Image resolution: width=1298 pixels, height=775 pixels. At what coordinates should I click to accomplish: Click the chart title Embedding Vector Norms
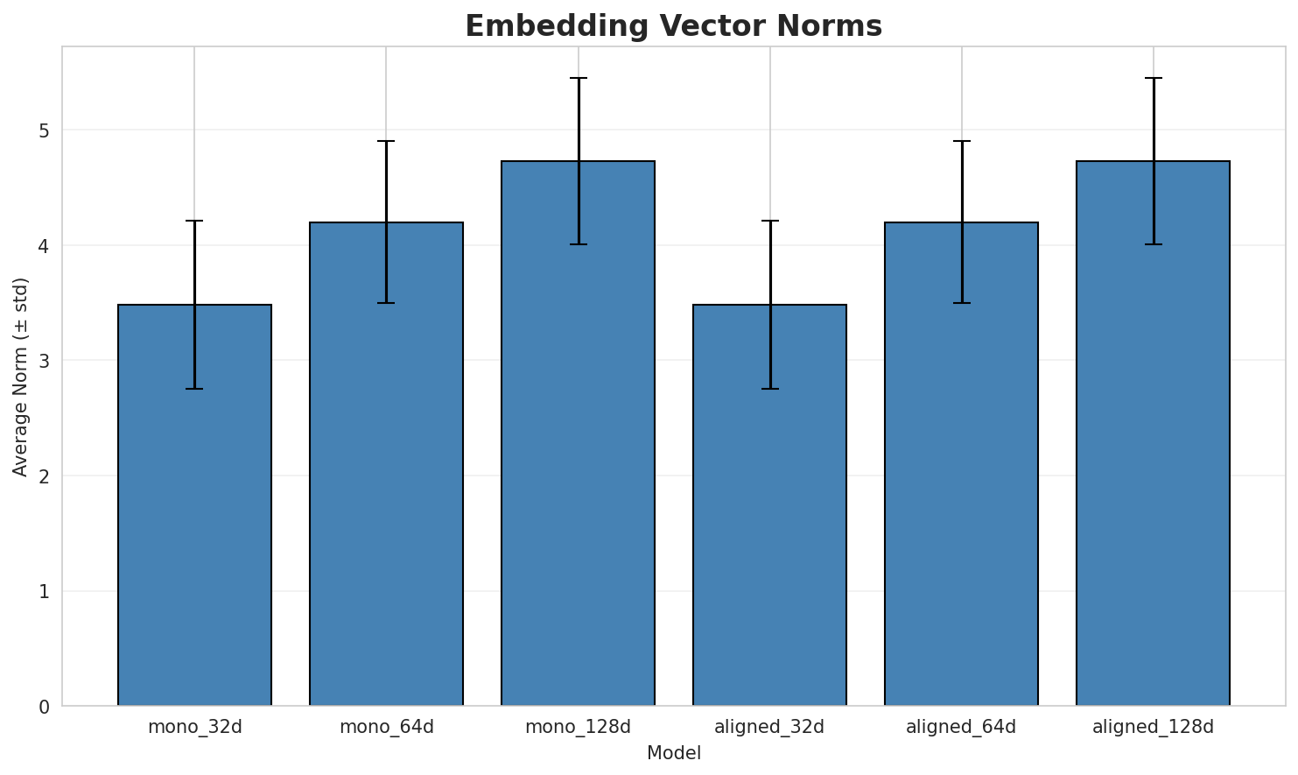(x=673, y=26)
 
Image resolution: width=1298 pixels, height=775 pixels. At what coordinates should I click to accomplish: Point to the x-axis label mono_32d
(x=194, y=727)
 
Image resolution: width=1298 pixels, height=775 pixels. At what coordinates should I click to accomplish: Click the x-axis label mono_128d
(x=578, y=727)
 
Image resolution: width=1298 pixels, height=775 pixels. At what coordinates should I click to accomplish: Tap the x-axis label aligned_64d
(x=961, y=727)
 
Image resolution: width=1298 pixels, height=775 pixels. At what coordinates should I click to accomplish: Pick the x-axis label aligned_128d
(x=1153, y=727)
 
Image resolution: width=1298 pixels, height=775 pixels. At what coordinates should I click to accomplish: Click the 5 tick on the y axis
(x=43, y=130)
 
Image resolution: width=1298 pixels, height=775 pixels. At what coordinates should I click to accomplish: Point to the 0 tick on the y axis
(x=43, y=706)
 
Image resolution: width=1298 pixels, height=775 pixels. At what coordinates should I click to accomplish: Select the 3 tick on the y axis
(x=43, y=361)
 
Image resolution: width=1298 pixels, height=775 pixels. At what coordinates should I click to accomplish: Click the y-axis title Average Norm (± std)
(x=21, y=377)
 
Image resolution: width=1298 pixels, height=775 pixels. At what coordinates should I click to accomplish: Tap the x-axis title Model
(x=673, y=753)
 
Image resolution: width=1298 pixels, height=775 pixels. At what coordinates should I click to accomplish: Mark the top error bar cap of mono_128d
(x=578, y=78)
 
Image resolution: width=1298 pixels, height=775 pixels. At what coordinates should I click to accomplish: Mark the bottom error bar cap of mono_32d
(x=194, y=389)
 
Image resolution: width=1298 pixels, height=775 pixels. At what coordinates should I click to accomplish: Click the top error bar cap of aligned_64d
(x=961, y=141)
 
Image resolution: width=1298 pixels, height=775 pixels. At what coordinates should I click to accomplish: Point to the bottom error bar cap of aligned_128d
(x=1153, y=244)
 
